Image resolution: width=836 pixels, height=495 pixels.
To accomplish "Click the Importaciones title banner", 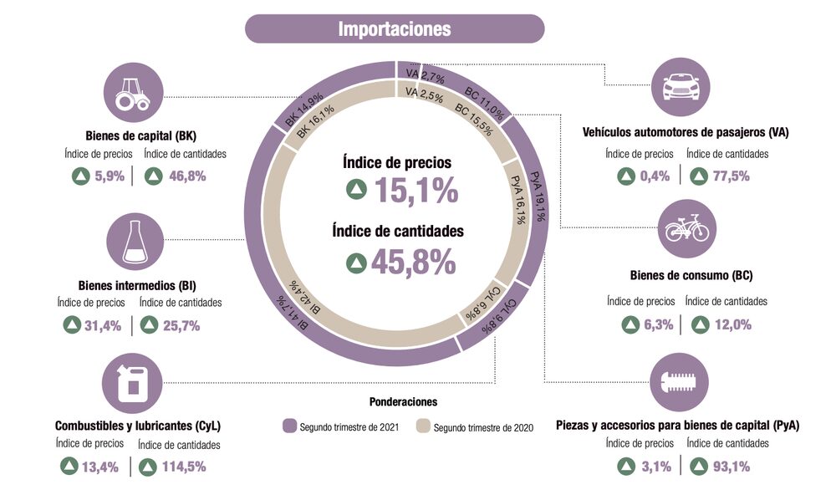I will click(394, 28).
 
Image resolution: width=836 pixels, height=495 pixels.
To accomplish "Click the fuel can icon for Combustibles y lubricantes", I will click(132, 382).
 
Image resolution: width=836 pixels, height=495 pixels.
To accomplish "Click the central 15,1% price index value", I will click(415, 191).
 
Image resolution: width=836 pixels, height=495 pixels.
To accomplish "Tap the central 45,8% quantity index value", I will click(413, 262).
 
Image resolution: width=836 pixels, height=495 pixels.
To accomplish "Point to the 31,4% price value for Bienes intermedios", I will click(104, 325).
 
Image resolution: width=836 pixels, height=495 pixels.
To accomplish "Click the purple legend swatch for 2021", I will click(290, 426).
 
